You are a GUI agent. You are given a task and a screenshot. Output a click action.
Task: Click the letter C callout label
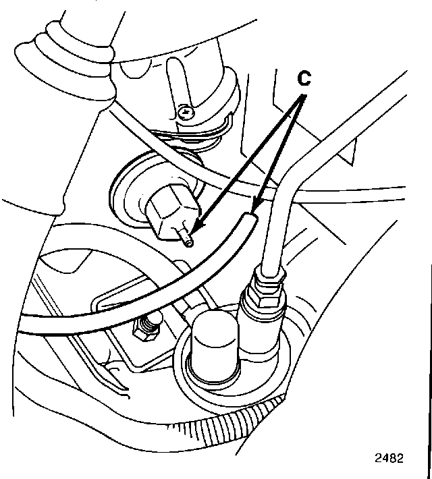(304, 80)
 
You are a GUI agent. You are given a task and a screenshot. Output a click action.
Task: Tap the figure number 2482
(389, 458)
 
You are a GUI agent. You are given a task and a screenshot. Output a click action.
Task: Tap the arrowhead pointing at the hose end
(254, 206)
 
